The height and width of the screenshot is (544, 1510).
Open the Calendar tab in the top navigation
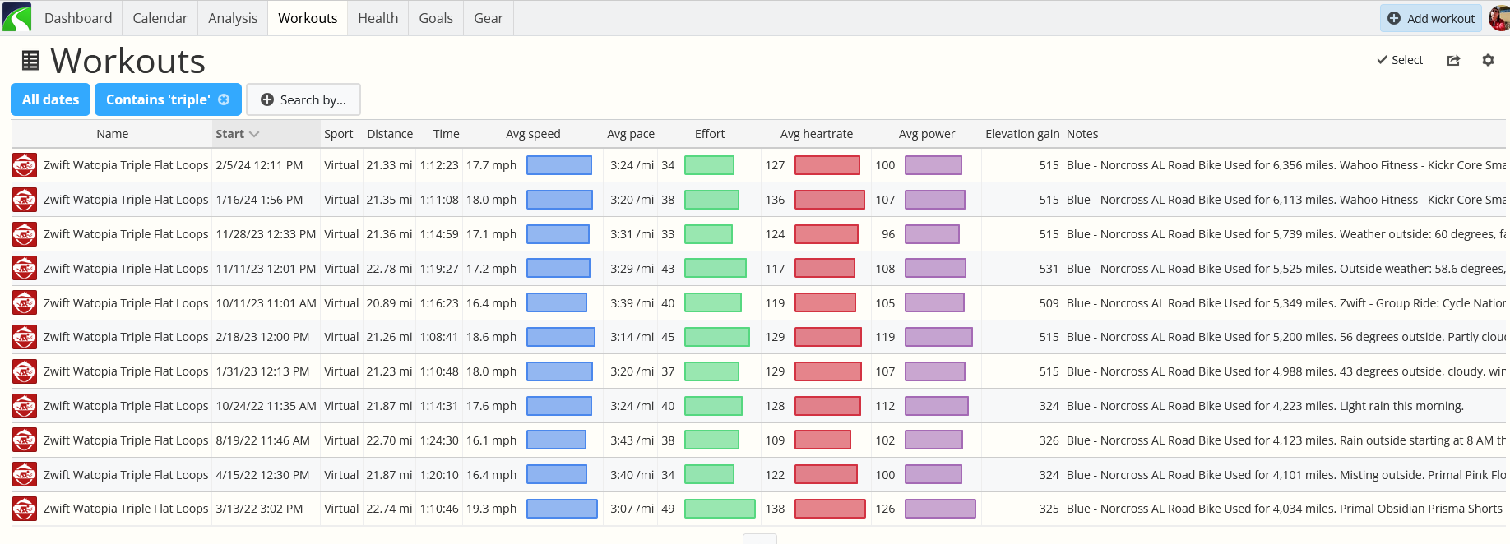coord(160,18)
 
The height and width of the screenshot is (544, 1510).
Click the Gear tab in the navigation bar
coord(489,18)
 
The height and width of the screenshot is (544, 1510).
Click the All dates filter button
coord(50,99)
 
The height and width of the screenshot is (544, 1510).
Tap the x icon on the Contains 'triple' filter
coord(224,99)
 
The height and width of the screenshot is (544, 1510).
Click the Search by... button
coord(303,99)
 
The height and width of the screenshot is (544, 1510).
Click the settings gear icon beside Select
coord(1488,60)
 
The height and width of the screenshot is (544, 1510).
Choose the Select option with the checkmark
coord(1400,60)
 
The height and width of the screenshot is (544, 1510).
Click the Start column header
coord(237,134)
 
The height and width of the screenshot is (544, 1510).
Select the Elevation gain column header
coord(1022,134)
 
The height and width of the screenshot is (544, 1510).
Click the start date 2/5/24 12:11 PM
coord(259,165)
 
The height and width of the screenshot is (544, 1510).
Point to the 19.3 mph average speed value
coord(491,509)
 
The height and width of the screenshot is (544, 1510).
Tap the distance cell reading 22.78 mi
coord(389,269)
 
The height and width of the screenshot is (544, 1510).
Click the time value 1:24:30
coord(439,440)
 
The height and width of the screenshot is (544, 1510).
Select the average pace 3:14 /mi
coord(632,337)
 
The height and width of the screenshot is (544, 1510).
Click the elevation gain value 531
coord(1049,269)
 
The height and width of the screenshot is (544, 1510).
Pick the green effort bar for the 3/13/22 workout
coord(720,509)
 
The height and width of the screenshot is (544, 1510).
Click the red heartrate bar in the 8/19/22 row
coord(822,440)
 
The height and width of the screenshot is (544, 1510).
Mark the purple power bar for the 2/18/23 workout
coord(938,337)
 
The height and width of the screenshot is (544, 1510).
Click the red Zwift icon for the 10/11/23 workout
coord(25,303)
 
